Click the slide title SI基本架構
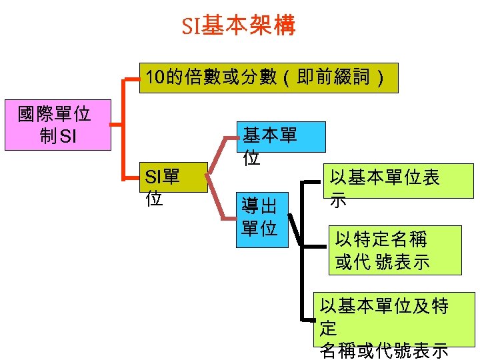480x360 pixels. click(239, 26)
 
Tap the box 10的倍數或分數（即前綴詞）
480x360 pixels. click(267, 78)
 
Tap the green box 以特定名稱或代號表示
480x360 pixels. click(397, 250)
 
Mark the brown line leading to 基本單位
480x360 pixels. click(223, 152)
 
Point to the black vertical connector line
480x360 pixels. click(303, 267)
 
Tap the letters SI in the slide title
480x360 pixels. click(190, 27)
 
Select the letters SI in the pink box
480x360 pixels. click(68, 137)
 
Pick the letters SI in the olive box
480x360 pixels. click(154, 177)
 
